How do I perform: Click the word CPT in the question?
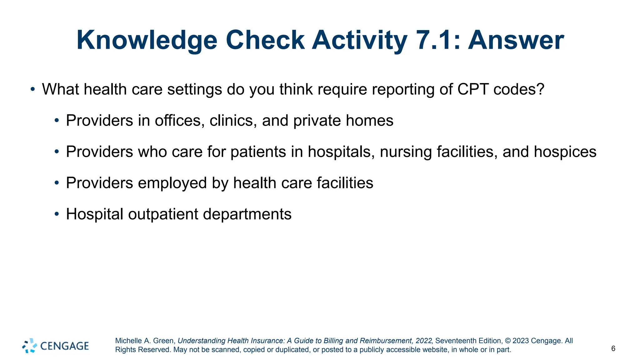click(473, 89)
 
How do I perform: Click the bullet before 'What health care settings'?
click(33, 89)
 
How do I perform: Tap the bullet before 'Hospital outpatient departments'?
click(57, 214)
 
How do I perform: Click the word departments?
click(247, 215)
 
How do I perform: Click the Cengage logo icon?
click(30, 346)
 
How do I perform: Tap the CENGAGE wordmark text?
click(65, 346)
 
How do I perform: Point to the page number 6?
click(613, 348)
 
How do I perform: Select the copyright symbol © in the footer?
click(507, 341)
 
